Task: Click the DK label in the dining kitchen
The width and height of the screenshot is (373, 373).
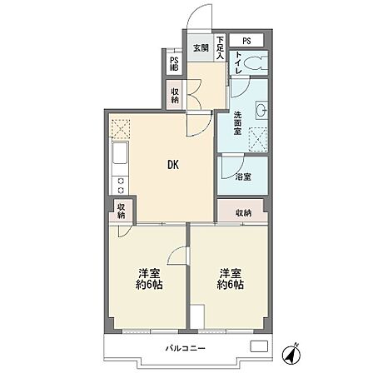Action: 173,165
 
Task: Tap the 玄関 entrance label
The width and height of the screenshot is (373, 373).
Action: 201,48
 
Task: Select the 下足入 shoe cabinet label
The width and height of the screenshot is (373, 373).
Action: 220,47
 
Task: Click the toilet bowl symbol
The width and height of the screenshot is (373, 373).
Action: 256,63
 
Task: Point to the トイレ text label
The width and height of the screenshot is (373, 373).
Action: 238,62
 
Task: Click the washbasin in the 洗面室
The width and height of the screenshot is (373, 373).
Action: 261,110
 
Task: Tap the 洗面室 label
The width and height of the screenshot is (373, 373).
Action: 237,123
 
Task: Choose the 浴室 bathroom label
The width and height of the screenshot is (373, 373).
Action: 243,177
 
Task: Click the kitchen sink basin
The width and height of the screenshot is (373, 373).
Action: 120,153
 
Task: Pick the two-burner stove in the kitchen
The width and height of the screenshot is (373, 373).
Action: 121,185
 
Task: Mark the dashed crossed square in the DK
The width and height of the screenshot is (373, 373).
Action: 121,129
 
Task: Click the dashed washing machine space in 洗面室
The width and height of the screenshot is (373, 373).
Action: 258,139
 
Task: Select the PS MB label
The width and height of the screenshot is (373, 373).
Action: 174,64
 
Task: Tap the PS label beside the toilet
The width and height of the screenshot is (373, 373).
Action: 246,41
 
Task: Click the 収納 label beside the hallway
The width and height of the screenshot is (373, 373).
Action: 175,96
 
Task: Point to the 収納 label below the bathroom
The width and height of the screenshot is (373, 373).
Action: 244,213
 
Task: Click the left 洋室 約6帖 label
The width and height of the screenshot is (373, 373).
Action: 149,279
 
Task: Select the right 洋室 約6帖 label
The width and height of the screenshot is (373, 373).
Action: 231,279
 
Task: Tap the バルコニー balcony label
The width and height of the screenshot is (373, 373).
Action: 186,348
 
